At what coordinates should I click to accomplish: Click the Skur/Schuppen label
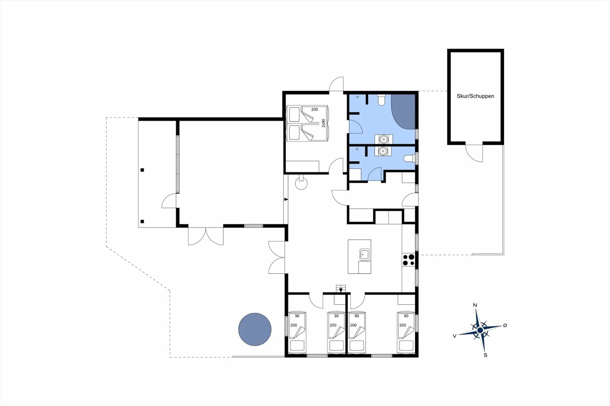(x=475, y=96)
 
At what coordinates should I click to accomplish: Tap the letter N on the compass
(x=475, y=305)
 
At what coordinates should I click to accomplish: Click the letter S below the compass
(x=485, y=355)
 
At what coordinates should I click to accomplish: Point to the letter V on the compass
(x=455, y=336)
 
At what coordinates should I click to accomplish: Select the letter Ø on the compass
(x=505, y=325)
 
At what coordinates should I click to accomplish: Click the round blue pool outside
(x=255, y=329)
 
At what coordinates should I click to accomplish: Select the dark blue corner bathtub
(x=403, y=111)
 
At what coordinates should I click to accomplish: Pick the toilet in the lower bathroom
(x=410, y=158)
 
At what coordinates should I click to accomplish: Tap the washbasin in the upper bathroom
(x=384, y=139)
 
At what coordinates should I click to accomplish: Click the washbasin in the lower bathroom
(x=383, y=151)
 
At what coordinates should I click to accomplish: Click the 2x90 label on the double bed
(x=323, y=123)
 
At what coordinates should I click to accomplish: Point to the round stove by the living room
(x=301, y=183)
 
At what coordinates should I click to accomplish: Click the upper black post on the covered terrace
(x=142, y=170)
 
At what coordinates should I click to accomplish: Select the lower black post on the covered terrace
(x=142, y=222)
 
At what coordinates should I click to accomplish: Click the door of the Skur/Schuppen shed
(x=474, y=153)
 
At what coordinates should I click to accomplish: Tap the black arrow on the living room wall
(x=286, y=199)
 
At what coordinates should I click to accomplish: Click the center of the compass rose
(x=480, y=330)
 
